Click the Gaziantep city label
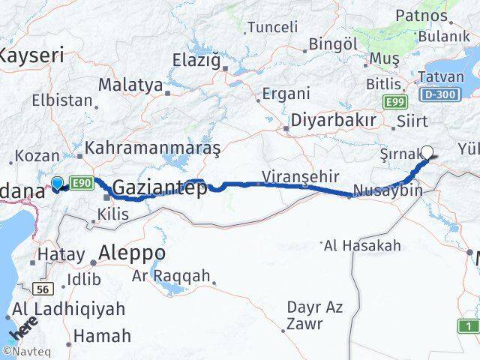(x=160, y=188)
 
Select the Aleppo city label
(x=132, y=252)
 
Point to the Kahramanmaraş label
(x=153, y=148)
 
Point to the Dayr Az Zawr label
(x=314, y=316)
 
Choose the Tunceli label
(x=272, y=27)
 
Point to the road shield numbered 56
(x=42, y=289)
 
